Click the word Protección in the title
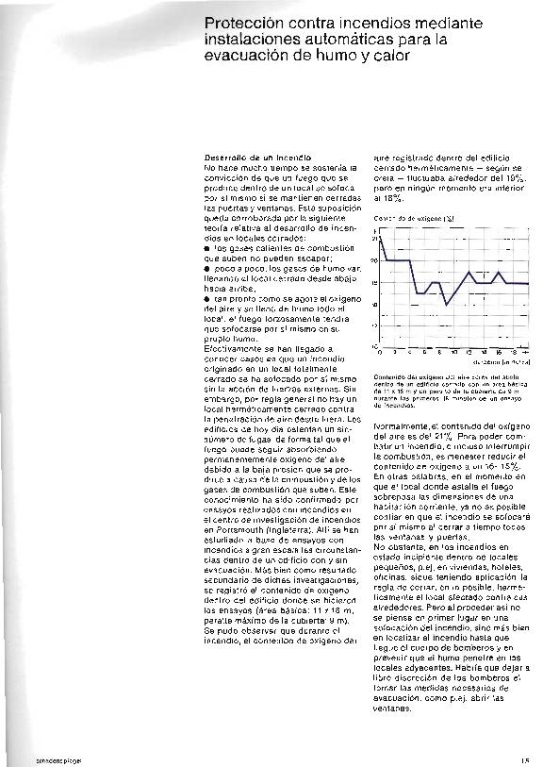tap(238, 21)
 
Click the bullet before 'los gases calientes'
tap(207, 248)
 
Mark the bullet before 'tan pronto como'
tap(207, 295)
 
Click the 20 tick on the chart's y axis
tap(374, 260)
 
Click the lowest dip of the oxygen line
tap(445, 304)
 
